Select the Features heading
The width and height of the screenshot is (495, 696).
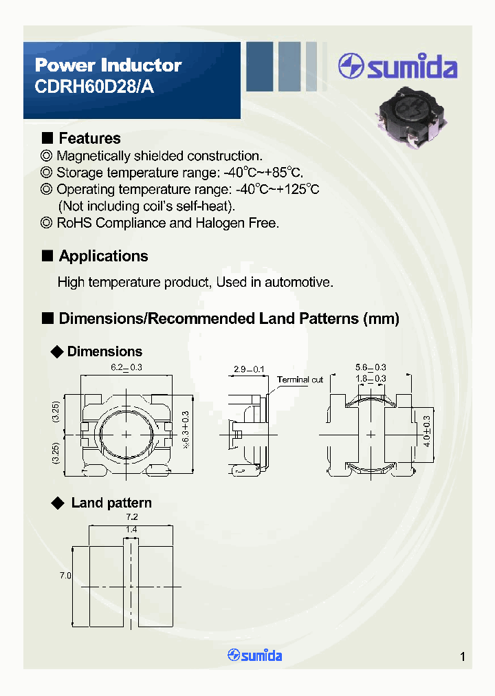[x=89, y=138]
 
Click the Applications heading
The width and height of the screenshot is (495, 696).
[x=103, y=256]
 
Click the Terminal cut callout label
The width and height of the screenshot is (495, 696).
[x=300, y=380]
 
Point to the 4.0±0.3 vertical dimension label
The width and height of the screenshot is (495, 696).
[x=426, y=432]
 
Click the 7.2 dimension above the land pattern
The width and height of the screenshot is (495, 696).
[x=131, y=516]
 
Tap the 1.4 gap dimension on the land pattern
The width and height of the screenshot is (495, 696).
[x=131, y=530]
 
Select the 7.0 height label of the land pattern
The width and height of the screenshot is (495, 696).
[x=65, y=575]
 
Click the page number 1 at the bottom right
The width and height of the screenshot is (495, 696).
[x=463, y=657]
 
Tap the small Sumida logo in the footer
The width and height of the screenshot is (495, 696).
[x=254, y=655]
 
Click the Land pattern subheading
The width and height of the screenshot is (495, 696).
[x=111, y=503]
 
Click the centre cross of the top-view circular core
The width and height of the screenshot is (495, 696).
[x=126, y=434]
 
